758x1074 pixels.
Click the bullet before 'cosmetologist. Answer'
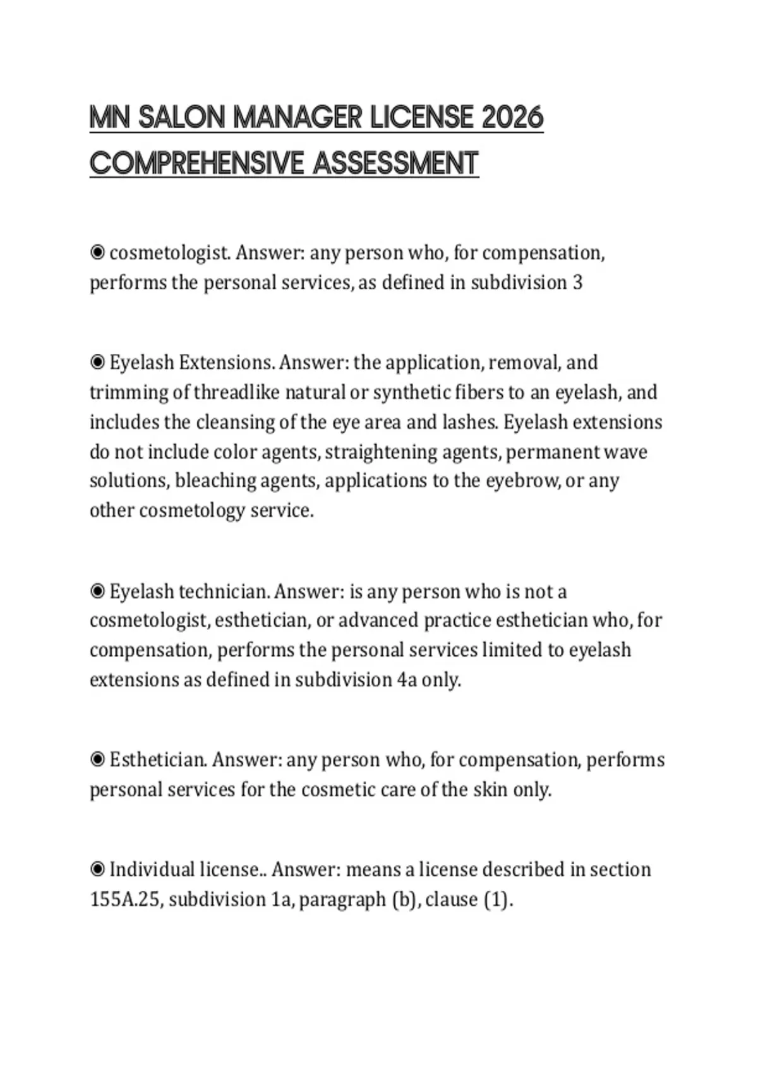coord(97,253)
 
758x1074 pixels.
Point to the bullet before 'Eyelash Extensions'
coord(97,362)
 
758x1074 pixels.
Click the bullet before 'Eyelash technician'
coord(97,591)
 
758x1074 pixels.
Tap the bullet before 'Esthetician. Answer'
coord(97,759)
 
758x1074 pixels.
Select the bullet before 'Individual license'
coord(97,869)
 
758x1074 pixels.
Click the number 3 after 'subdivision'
coord(577,282)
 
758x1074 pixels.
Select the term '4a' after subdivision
coord(407,680)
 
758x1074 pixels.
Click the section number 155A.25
coord(126,899)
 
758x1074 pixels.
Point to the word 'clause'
coord(452,899)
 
